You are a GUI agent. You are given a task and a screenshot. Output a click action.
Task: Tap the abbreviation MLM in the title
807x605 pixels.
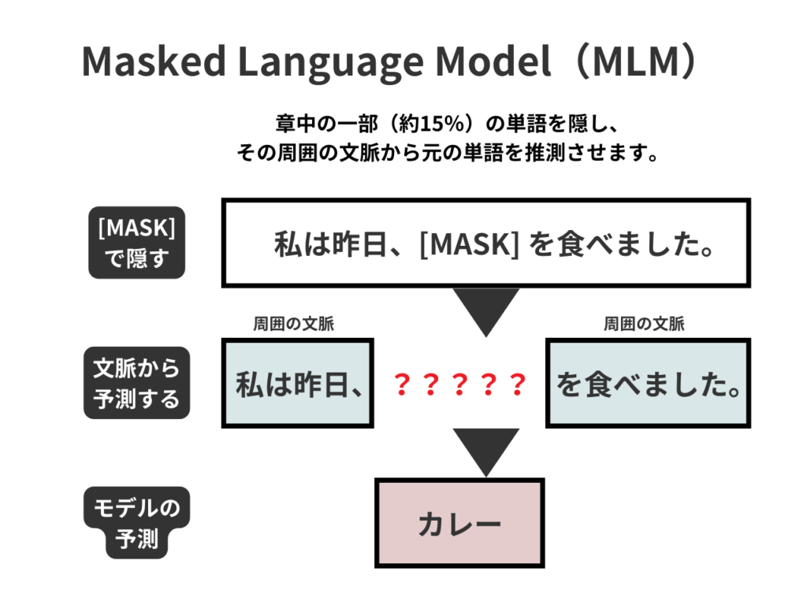click(x=634, y=61)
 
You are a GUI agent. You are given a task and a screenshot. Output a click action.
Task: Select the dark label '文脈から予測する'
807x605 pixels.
click(x=136, y=383)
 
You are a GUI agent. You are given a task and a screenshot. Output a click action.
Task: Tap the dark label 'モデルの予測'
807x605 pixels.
click(x=136, y=523)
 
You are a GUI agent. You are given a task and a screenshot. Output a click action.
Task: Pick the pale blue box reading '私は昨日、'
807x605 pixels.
click(x=297, y=384)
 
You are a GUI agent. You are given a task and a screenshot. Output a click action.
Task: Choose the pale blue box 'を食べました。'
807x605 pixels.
click(x=648, y=384)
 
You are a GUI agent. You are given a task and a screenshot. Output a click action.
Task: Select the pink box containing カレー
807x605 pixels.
click(x=460, y=523)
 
